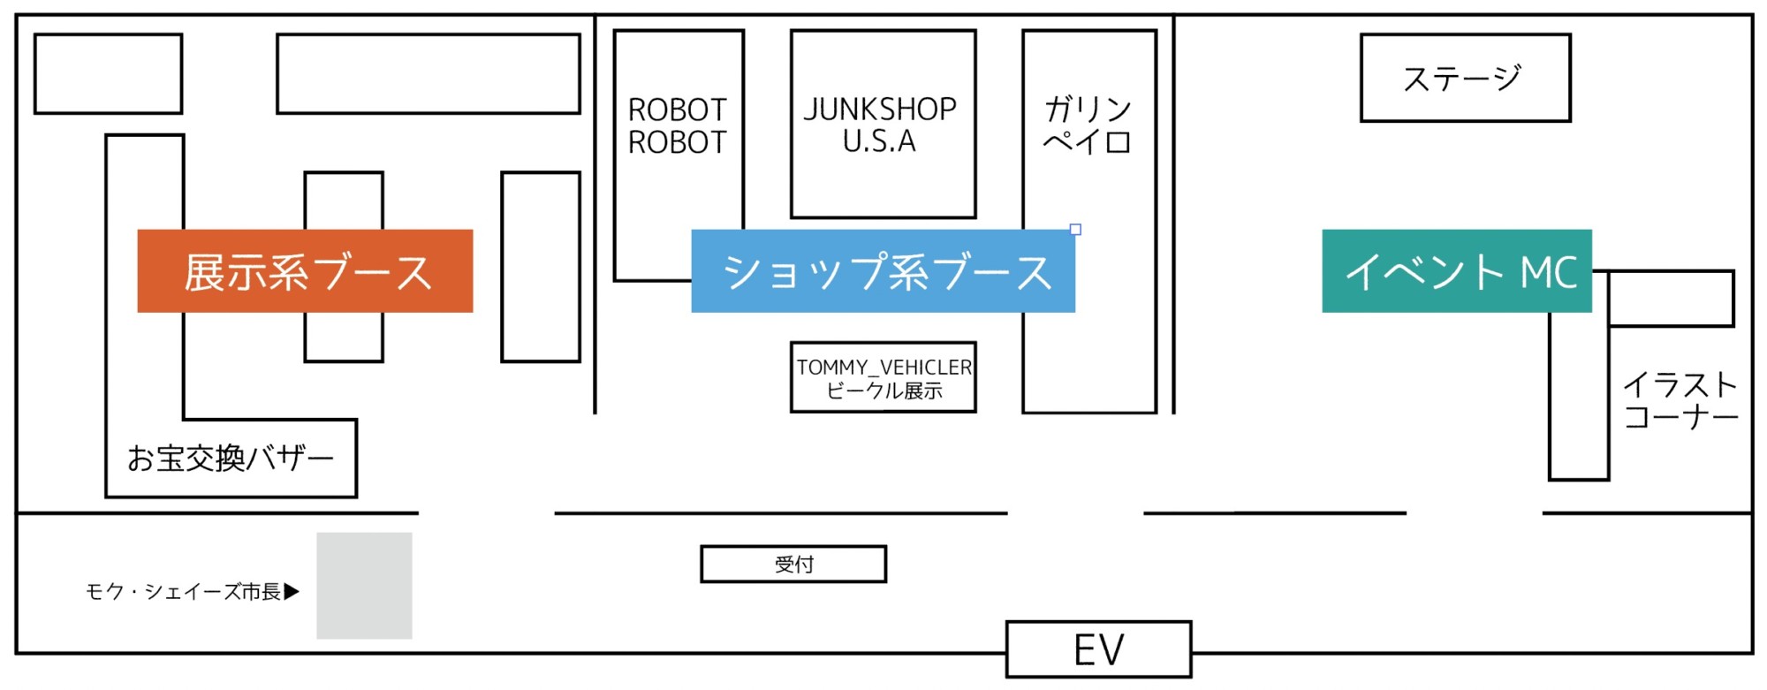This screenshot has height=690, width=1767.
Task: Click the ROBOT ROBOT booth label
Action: (x=677, y=125)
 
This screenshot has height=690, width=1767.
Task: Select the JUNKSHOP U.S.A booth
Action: (x=882, y=125)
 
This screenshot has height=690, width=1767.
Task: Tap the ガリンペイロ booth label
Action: (x=1088, y=125)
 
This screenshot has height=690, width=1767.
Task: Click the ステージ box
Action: (x=1464, y=78)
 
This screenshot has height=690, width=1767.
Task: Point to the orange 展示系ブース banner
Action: (x=305, y=271)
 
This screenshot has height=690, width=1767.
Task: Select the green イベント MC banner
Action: (x=1456, y=271)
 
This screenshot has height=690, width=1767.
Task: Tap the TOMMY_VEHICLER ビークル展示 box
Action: (x=883, y=377)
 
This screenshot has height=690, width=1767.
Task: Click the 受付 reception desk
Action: (x=793, y=564)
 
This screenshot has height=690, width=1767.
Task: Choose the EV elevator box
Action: (x=1098, y=649)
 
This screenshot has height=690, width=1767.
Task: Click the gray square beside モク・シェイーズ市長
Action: (x=364, y=585)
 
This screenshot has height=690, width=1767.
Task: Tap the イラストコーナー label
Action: (x=1680, y=400)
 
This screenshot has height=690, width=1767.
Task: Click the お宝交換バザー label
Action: (x=230, y=458)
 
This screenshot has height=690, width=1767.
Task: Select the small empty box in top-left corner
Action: (x=108, y=74)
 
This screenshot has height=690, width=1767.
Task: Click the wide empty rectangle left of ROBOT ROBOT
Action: (x=428, y=74)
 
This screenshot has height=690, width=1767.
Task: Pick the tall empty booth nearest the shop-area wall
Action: (x=540, y=267)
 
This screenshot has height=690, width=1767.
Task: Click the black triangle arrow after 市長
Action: (x=292, y=591)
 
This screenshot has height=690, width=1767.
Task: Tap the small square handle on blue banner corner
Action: (x=1075, y=230)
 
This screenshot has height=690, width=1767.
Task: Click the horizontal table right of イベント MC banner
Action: (x=1670, y=299)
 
